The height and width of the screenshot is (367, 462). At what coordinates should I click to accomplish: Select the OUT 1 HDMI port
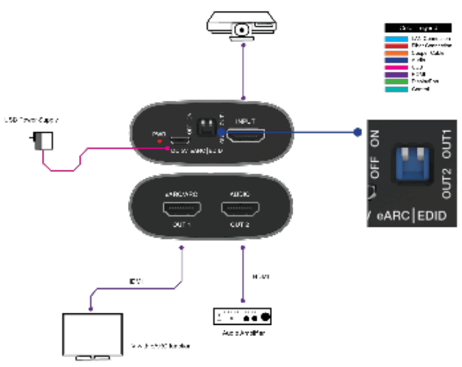coord(182,211)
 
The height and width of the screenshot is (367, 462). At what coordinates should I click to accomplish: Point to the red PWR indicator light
coord(160,141)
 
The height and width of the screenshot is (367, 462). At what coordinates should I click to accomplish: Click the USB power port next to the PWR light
coord(179,140)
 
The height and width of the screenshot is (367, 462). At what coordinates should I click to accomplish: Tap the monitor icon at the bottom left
coord(93,335)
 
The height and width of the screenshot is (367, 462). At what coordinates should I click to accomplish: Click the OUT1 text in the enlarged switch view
coord(446,144)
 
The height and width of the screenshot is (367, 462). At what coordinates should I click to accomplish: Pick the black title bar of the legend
coord(418,28)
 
